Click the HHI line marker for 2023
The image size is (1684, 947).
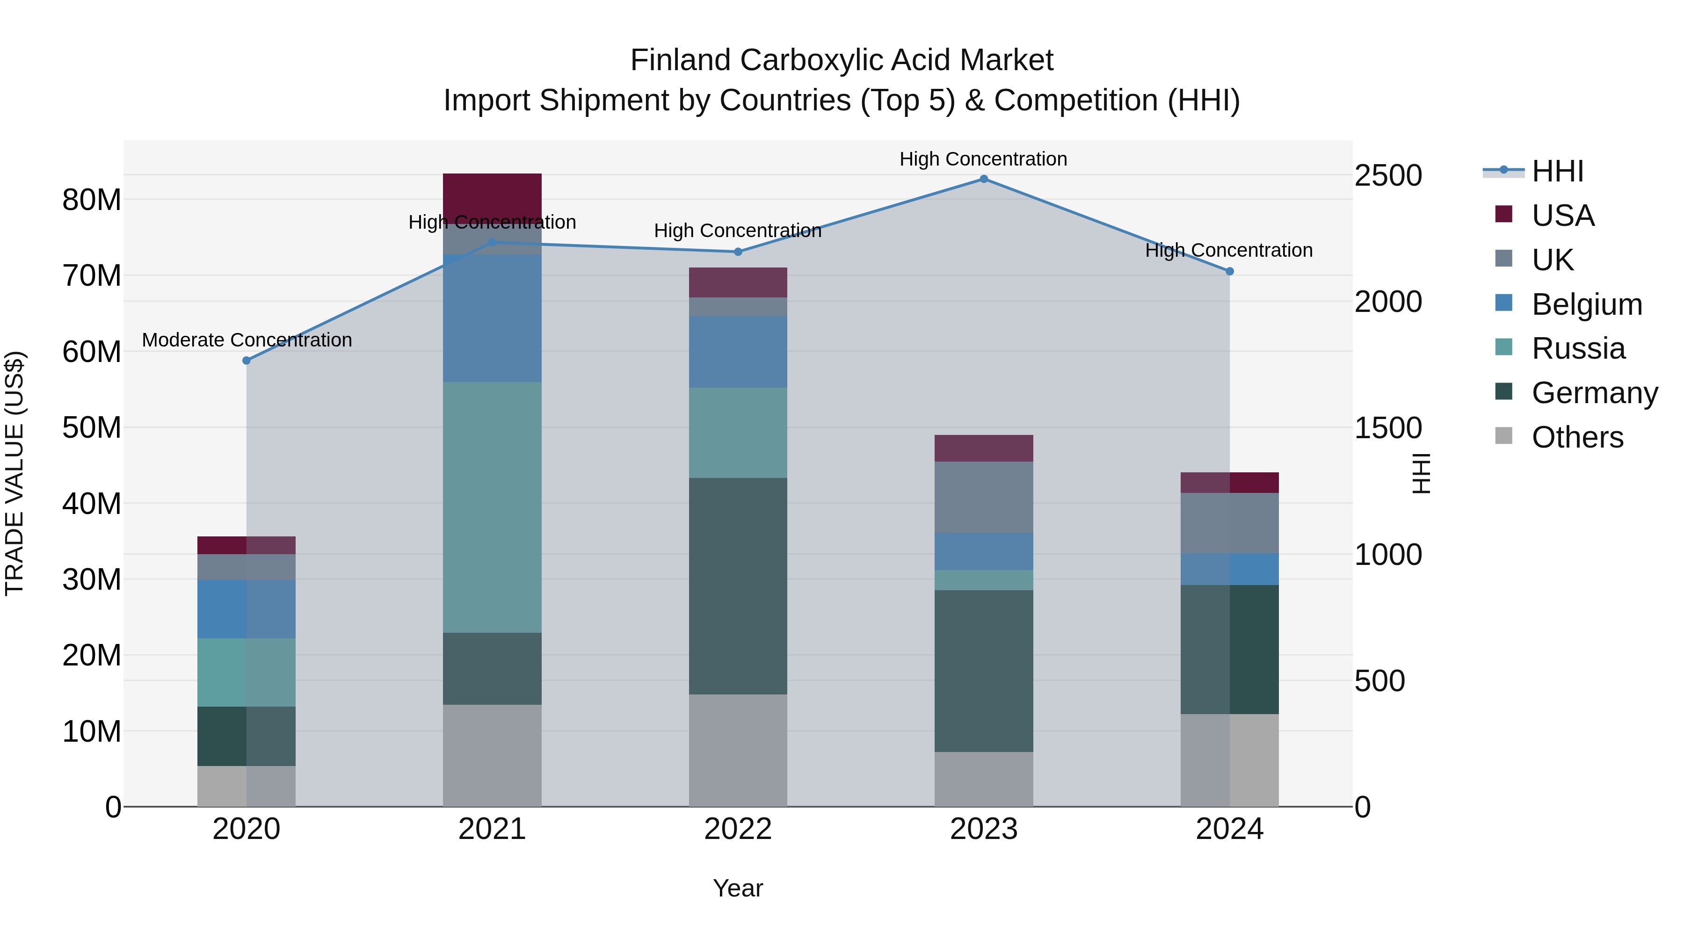click(983, 179)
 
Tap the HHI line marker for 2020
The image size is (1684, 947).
click(247, 361)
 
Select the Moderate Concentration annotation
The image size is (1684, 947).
click(247, 340)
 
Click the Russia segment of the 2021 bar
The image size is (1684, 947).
click(492, 506)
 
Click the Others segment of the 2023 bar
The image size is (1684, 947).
click(983, 779)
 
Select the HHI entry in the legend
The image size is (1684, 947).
click(1557, 171)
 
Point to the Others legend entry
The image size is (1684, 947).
click(1577, 437)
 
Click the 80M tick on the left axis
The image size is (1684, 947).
click(92, 200)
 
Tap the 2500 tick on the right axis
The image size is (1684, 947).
click(1388, 176)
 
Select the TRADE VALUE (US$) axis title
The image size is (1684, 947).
click(15, 473)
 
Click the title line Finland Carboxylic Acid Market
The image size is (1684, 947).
click(842, 60)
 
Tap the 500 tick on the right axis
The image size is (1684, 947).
click(1379, 681)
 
